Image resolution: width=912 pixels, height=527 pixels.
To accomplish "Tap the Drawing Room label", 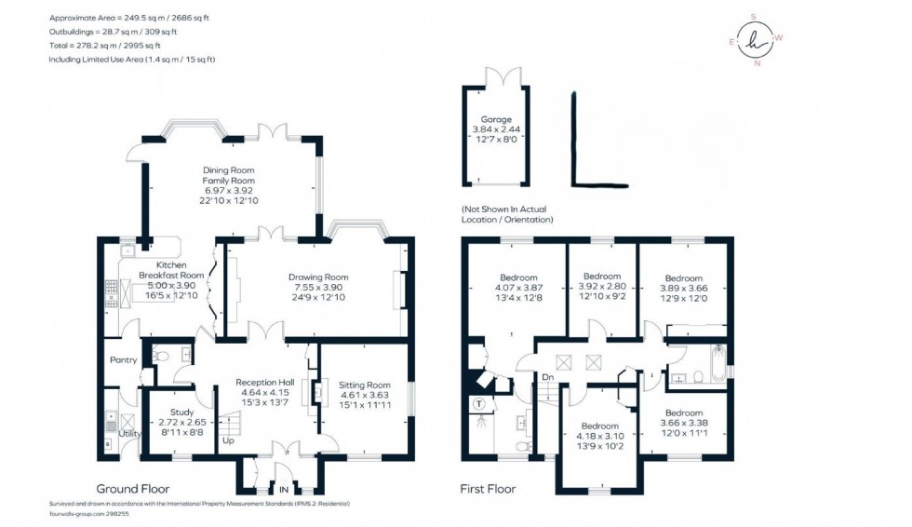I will pyautogui.click(x=317, y=277).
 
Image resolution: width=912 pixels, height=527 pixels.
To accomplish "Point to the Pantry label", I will pyautogui.click(x=123, y=360).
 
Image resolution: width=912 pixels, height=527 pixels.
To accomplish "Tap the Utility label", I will pyautogui.click(x=129, y=434).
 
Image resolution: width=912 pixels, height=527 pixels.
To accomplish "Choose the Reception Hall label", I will pyautogui.click(x=265, y=383).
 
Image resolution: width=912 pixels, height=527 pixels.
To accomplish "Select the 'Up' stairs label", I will pyautogui.click(x=227, y=441).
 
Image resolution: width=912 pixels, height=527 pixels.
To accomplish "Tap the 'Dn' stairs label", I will pyautogui.click(x=548, y=378).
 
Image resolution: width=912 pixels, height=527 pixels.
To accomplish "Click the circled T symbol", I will pyautogui.click(x=479, y=404).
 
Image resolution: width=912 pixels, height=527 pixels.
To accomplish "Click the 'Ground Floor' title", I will pyautogui.click(x=133, y=488).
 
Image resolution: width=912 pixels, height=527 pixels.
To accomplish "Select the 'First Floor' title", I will pyautogui.click(x=488, y=488).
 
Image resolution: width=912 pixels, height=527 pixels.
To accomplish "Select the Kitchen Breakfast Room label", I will pyautogui.click(x=171, y=269).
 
